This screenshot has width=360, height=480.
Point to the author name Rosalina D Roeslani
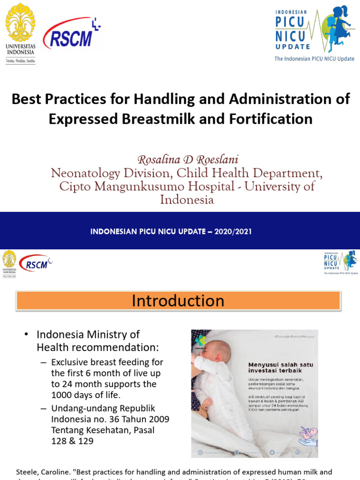click(181, 159)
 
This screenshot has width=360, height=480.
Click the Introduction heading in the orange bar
click(178, 300)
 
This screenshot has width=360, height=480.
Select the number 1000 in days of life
click(62, 395)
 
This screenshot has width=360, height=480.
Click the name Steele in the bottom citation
click(28, 472)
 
